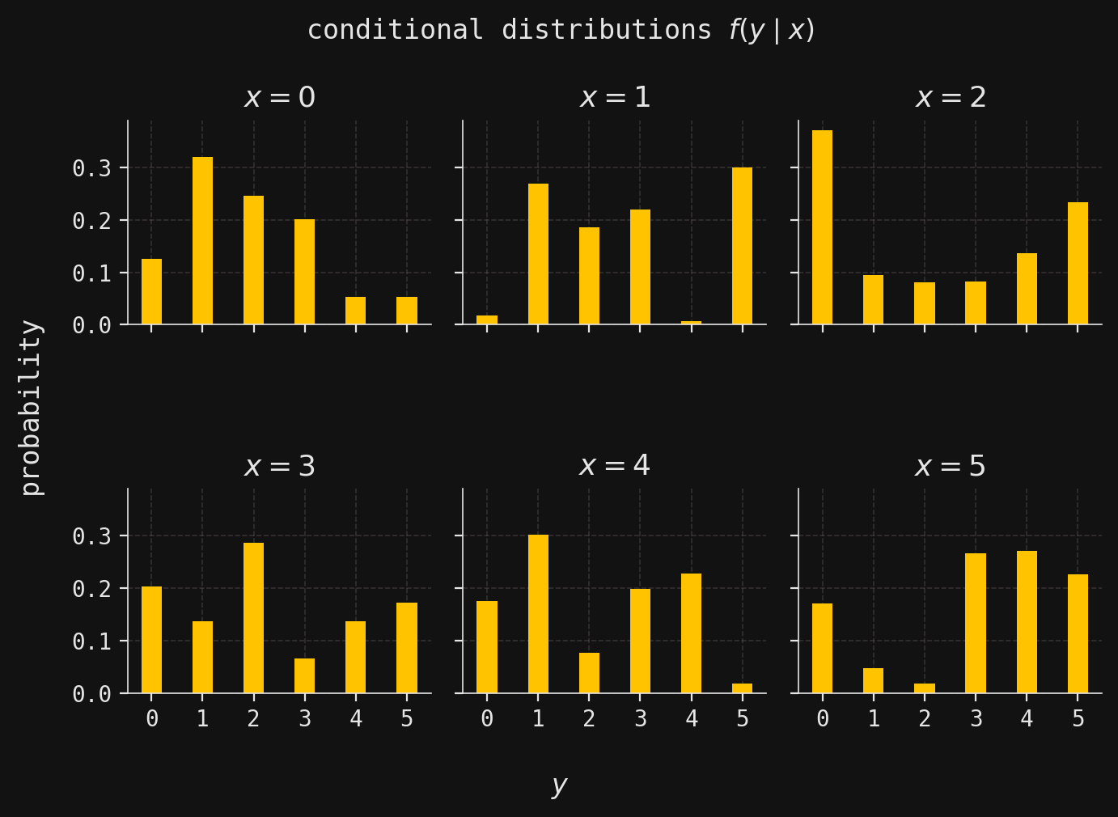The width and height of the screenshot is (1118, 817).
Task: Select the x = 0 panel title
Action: [x=279, y=98]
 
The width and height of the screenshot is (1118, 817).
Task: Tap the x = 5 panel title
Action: [x=950, y=467]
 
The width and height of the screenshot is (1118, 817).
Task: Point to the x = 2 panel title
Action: [x=950, y=98]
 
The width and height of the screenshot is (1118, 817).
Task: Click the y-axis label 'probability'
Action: [x=31, y=407]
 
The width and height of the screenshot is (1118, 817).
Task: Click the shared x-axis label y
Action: [x=559, y=785]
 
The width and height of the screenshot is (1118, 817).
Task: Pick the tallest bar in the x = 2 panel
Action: [x=822, y=227]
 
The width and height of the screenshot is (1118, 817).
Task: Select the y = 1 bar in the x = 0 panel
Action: [x=202, y=241]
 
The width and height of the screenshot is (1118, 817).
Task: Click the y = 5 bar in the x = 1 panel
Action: [x=742, y=246]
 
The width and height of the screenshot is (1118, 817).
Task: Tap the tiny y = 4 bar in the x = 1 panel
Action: [x=691, y=322]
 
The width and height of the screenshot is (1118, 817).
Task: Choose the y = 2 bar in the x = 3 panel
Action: [x=253, y=618]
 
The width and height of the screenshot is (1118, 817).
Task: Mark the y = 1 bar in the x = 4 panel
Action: [x=538, y=614]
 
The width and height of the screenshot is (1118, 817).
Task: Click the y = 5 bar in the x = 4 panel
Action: [x=742, y=688]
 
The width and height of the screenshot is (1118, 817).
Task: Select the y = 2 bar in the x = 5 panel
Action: [x=925, y=688]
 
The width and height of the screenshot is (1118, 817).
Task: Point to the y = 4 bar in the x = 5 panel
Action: [x=1027, y=622]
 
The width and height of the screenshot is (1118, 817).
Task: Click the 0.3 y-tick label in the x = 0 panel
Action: [x=89, y=168]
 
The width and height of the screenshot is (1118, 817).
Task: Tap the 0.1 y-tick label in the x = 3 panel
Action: [x=89, y=641]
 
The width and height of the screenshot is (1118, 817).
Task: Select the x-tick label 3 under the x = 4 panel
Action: [x=640, y=719]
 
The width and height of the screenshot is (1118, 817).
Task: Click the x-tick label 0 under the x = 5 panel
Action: [x=823, y=719]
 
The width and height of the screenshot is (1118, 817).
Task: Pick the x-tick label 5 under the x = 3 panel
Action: [x=407, y=719]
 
